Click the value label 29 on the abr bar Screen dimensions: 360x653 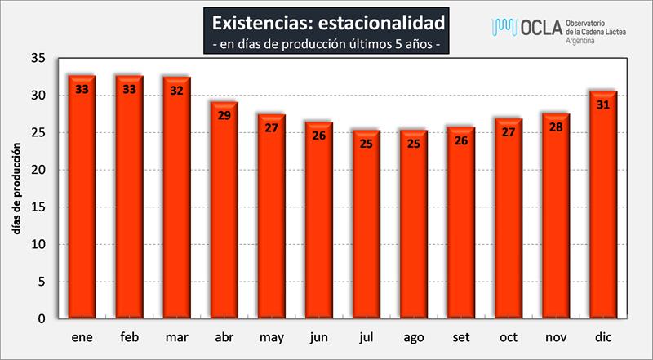point(224,115)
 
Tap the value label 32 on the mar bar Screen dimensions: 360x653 point(177,91)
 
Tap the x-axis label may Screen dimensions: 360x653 point(272,336)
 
